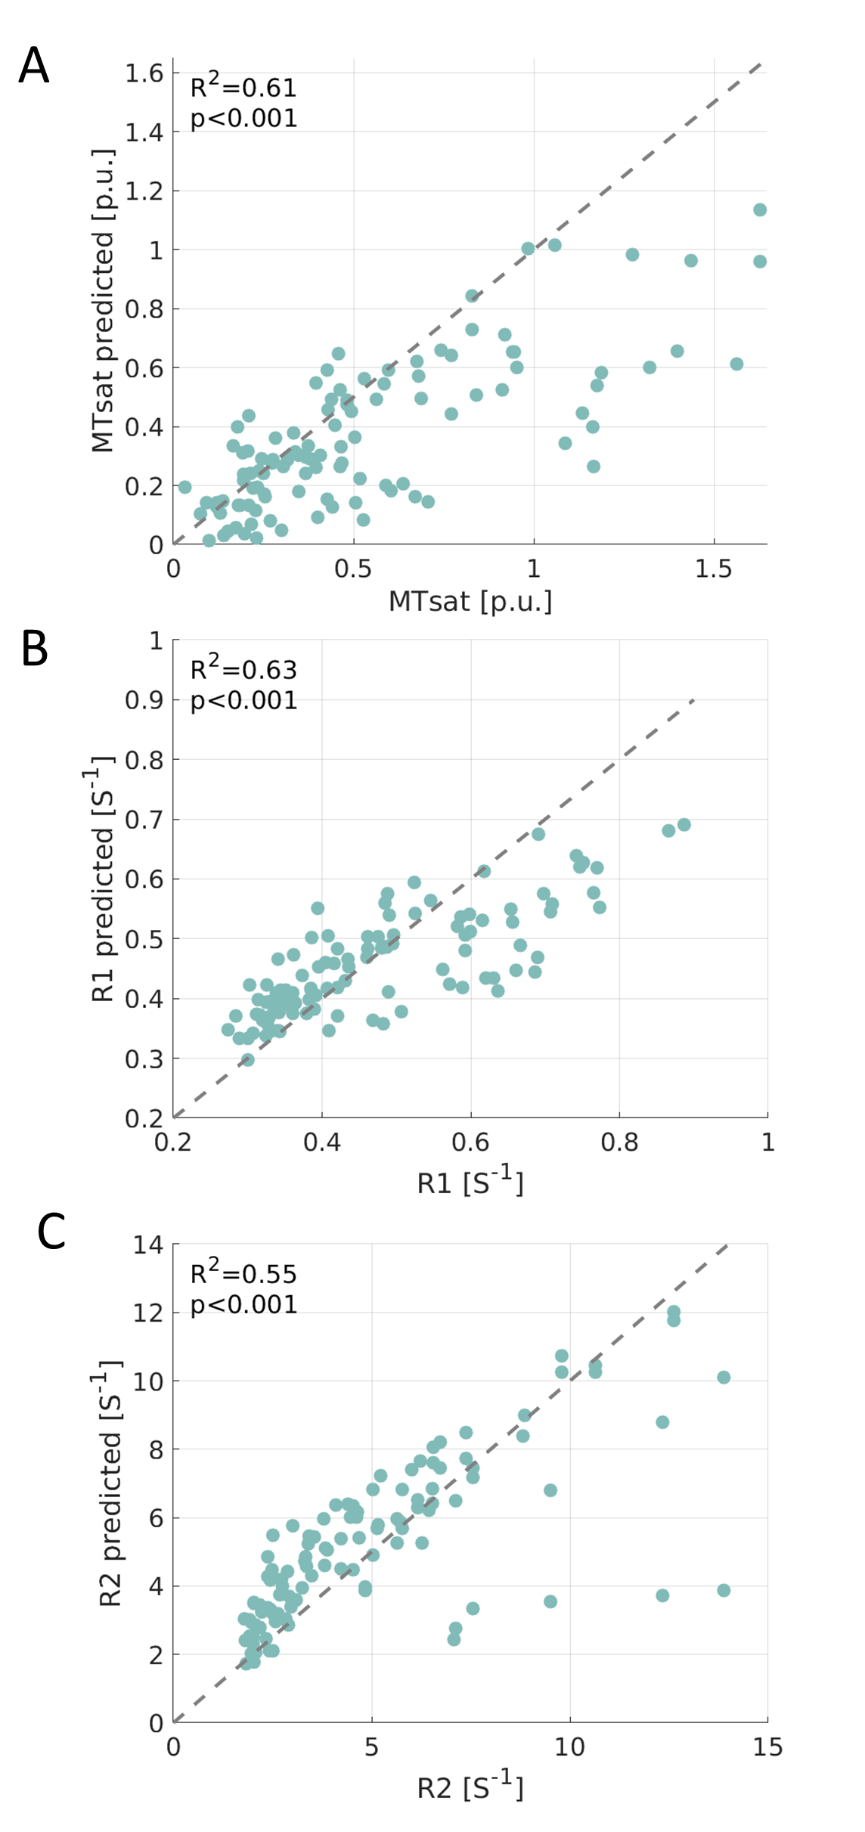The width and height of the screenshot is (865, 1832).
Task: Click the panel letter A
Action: tap(34, 66)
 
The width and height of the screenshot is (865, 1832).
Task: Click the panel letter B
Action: tap(35, 649)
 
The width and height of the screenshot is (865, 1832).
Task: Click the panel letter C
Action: tap(51, 1232)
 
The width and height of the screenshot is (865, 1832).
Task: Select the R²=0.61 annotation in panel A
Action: tap(243, 87)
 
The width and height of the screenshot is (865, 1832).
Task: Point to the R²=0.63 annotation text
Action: tap(243, 669)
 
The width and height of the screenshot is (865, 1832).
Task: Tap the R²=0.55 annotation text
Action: tap(243, 1273)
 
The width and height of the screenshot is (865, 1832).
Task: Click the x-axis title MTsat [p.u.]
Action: tap(470, 602)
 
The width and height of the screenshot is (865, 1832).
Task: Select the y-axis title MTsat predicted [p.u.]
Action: tap(103, 301)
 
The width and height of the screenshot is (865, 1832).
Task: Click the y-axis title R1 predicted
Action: tap(101, 879)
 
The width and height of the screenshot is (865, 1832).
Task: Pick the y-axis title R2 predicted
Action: tap(110, 1483)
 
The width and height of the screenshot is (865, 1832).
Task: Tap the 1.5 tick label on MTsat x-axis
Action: tap(714, 569)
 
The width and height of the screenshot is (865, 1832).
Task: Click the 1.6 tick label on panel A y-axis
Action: tap(144, 73)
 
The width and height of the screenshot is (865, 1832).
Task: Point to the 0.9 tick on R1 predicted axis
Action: tap(144, 700)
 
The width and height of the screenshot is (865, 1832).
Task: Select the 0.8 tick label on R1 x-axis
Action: tap(619, 1142)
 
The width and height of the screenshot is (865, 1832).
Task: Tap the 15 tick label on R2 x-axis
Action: tap(767, 1747)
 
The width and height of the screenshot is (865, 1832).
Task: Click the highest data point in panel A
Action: tap(760, 209)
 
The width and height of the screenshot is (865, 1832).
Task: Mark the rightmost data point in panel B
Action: tap(684, 825)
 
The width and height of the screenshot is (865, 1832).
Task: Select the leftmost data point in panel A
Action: tap(184, 487)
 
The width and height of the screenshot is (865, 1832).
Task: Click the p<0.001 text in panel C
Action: tap(243, 1305)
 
